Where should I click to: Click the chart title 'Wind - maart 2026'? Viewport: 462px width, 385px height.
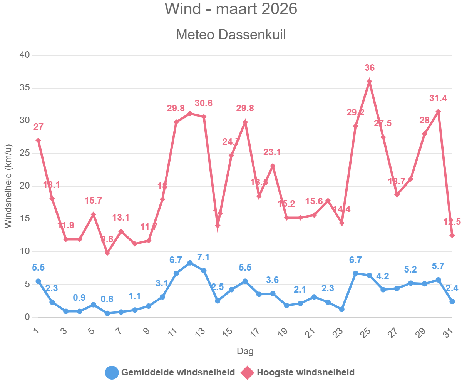231,9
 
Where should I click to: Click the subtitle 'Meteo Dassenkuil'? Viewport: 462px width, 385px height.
231,35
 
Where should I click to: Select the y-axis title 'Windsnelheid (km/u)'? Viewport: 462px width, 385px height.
8,186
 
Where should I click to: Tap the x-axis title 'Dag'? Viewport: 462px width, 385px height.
245,351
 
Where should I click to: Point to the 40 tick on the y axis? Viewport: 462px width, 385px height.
25,55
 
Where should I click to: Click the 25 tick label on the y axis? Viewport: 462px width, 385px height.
25,154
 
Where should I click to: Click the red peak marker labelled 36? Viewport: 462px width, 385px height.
369,81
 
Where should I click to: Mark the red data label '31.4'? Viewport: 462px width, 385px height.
438,98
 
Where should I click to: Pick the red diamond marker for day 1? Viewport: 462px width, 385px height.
38,140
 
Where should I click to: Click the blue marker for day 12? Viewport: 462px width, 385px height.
190,263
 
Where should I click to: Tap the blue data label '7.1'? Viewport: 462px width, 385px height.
204,257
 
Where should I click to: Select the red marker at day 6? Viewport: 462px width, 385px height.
107,253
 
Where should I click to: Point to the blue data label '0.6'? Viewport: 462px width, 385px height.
107,299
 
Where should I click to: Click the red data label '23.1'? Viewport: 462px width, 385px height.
272,152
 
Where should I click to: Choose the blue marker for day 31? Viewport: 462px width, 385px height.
452,301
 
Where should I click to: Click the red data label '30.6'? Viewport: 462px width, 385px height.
204,103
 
